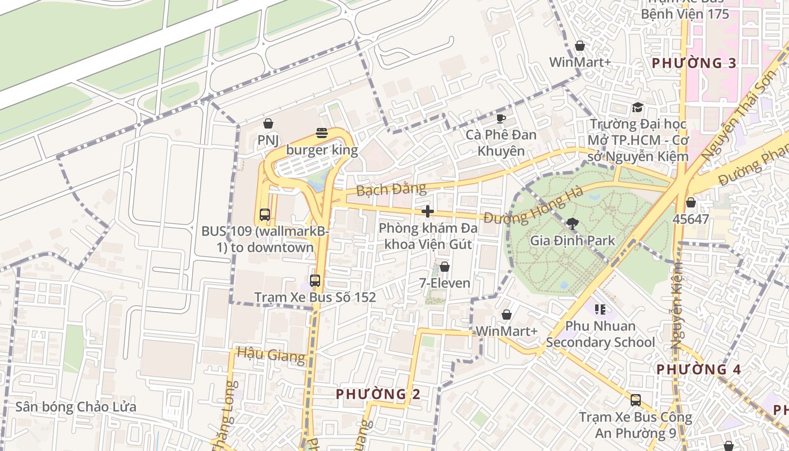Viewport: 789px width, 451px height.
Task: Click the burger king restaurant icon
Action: pyautogui.click(x=322, y=133)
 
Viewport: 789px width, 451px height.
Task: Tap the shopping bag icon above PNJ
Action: pyautogui.click(x=269, y=123)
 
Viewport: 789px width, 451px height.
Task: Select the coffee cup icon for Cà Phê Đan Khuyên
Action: pyautogui.click(x=500, y=118)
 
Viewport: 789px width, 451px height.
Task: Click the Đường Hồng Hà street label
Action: pyautogui.click(x=533, y=206)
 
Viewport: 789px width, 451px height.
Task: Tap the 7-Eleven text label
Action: pyautogui.click(x=445, y=283)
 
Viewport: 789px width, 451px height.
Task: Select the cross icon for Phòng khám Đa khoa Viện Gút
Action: pyautogui.click(x=428, y=211)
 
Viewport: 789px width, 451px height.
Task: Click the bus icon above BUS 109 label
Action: pyautogui.click(x=264, y=214)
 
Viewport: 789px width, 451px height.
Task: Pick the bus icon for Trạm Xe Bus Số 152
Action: pyautogui.click(x=315, y=280)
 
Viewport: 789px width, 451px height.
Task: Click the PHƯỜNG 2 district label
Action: pyautogui.click(x=378, y=394)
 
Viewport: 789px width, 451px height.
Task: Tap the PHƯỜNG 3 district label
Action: pyautogui.click(x=694, y=63)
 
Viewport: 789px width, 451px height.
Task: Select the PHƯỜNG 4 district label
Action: pyautogui.click(x=699, y=370)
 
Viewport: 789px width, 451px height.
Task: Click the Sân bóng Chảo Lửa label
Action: pyautogui.click(x=76, y=407)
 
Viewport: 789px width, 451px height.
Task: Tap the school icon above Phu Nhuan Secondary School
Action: pyautogui.click(x=600, y=309)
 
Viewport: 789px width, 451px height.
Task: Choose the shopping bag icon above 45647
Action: pyautogui.click(x=690, y=202)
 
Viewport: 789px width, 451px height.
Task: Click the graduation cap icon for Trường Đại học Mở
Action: pyautogui.click(x=637, y=107)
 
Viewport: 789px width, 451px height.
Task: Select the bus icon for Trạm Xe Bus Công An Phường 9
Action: pyautogui.click(x=636, y=400)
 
